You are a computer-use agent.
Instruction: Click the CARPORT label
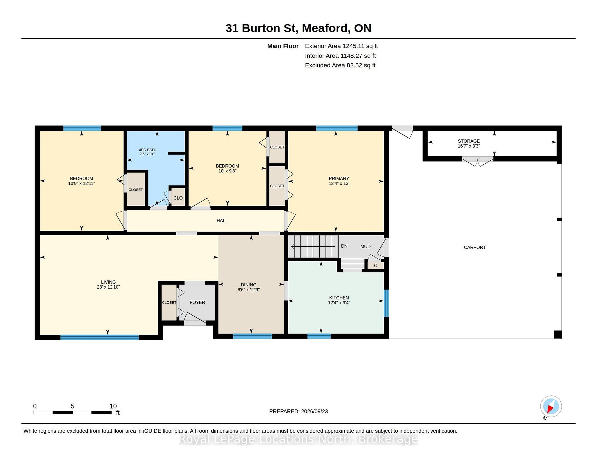[474, 247]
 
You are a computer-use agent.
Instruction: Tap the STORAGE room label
[469, 141]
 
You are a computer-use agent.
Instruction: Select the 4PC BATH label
[147, 150]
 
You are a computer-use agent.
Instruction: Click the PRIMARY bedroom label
[339, 179]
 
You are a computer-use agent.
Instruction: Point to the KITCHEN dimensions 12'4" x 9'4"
[339, 303]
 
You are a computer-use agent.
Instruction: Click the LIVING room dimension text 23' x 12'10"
[108, 287]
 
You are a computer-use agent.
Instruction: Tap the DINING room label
[249, 285]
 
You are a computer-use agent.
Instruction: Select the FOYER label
[197, 303]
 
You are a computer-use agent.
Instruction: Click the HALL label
[222, 221]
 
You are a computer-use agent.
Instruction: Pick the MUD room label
[365, 247]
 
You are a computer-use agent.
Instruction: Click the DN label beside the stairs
[344, 246]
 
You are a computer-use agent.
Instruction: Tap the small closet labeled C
[376, 266]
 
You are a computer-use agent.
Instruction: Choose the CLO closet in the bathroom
[178, 198]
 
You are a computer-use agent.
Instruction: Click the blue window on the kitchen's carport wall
[386, 303]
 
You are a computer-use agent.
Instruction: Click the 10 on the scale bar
[113, 406]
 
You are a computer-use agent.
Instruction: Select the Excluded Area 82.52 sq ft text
[340, 65]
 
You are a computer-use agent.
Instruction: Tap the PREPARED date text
[298, 411]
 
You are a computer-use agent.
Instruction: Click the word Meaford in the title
[325, 28]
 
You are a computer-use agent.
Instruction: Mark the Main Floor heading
[283, 46]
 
